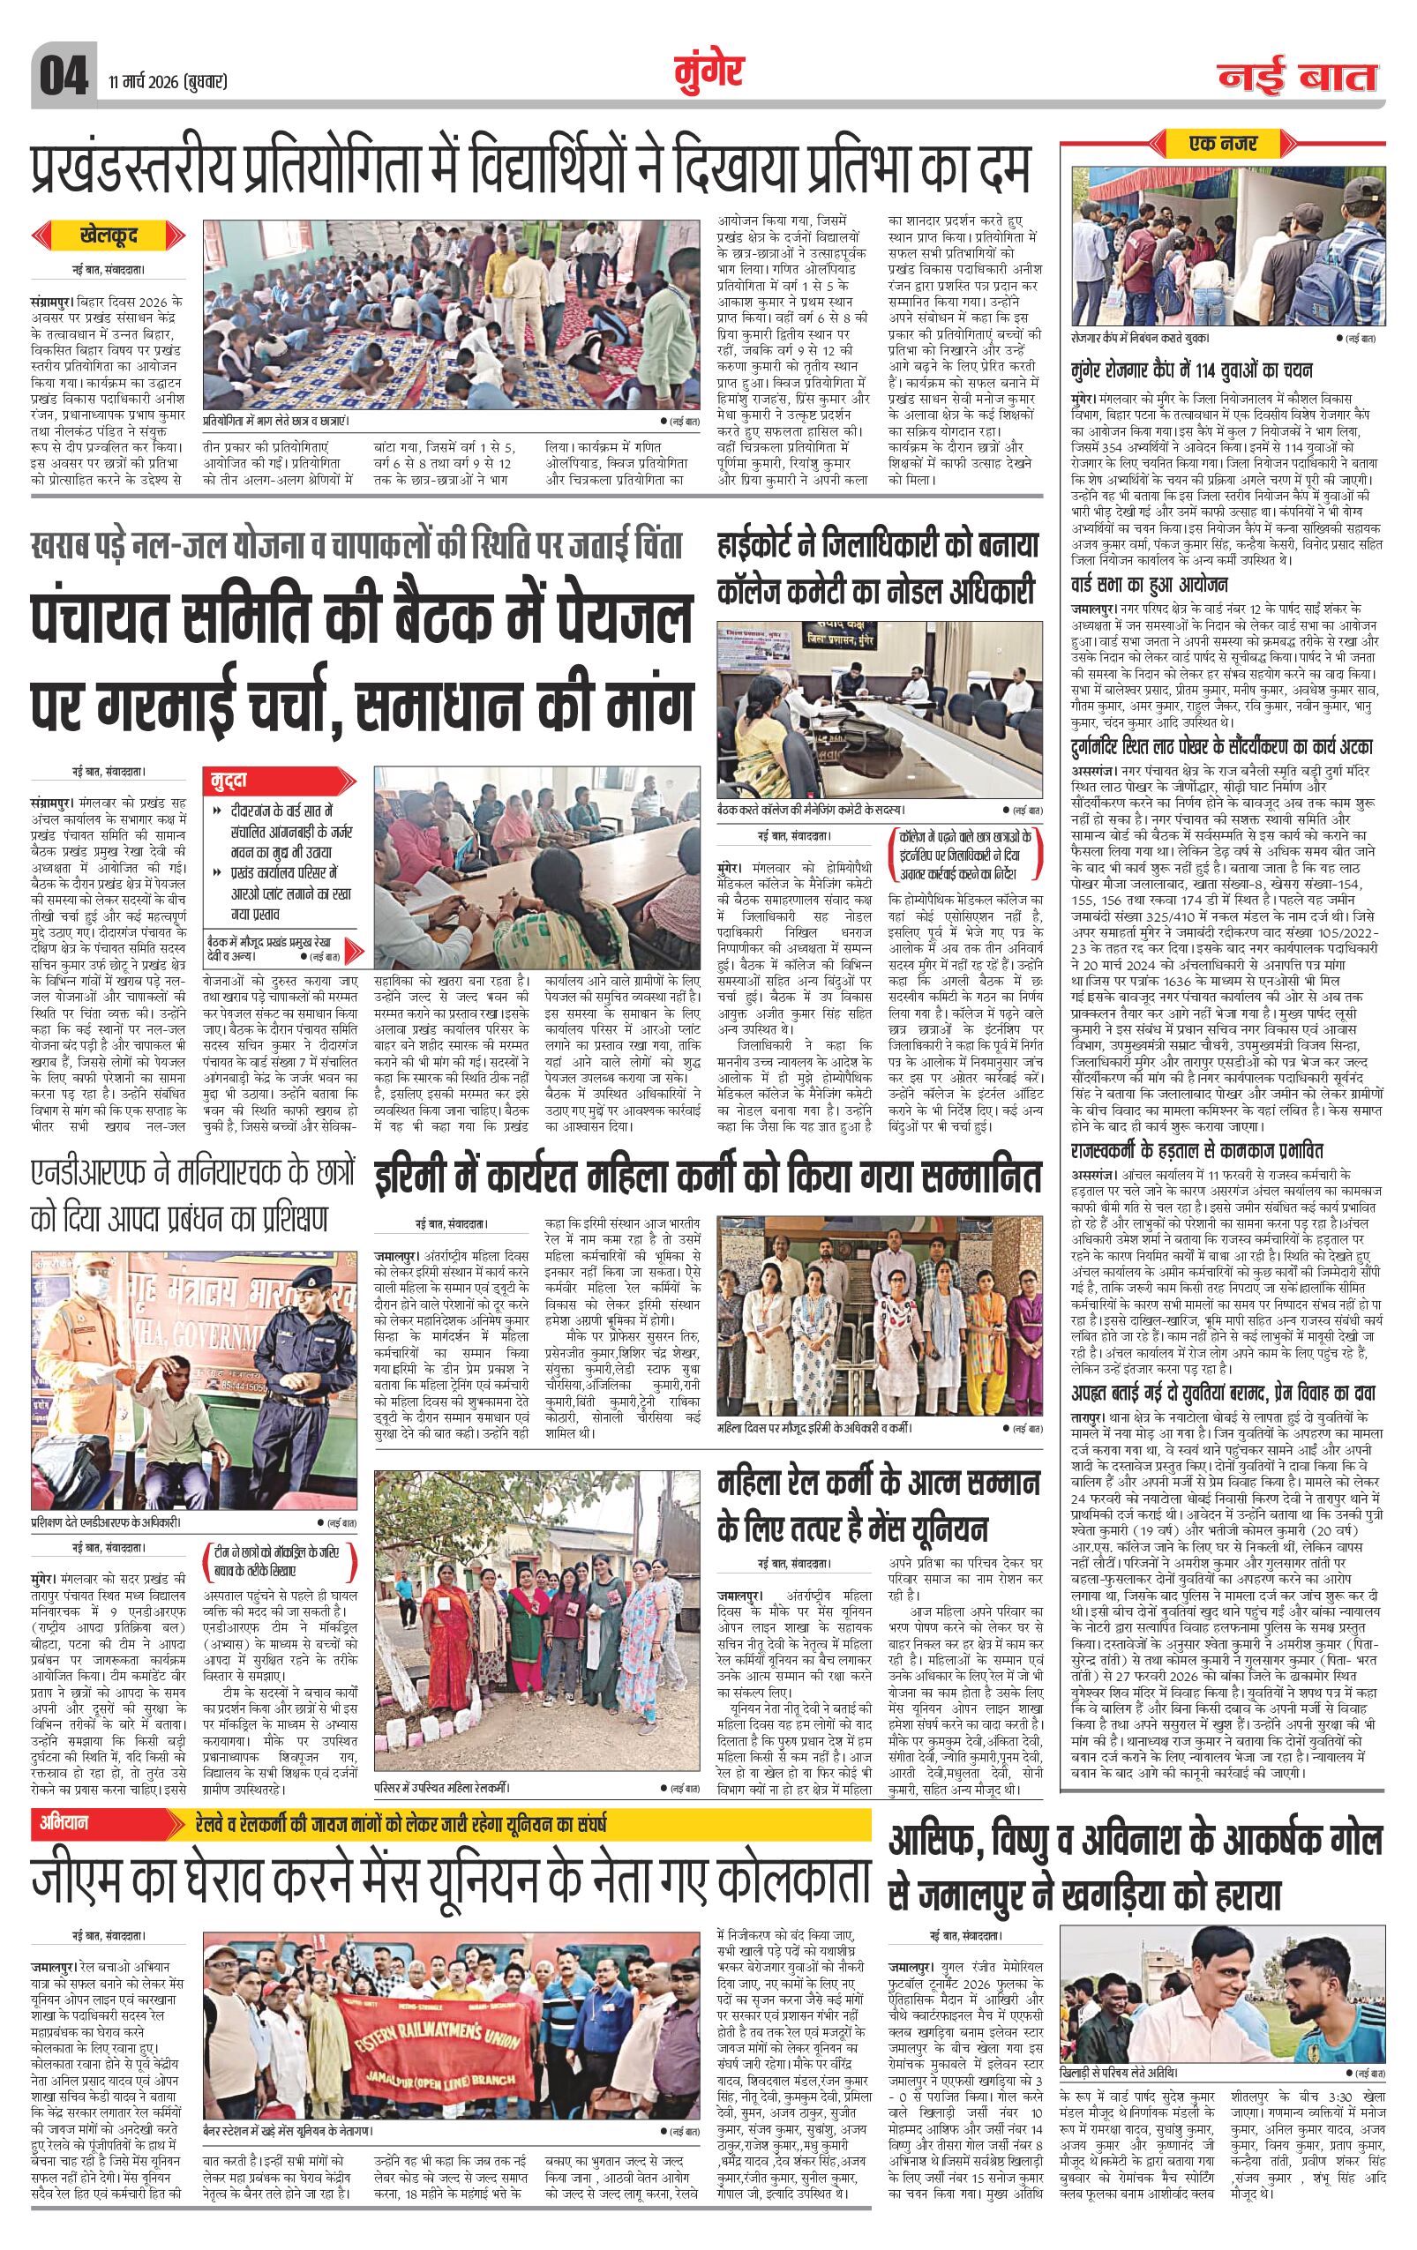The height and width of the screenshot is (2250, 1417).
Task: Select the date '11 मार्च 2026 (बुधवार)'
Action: [x=168, y=82]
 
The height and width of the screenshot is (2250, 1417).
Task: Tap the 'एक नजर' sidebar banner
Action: [x=1223, y=144]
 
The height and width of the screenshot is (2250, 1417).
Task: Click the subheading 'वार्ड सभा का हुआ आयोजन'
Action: [x=1149, y=585]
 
